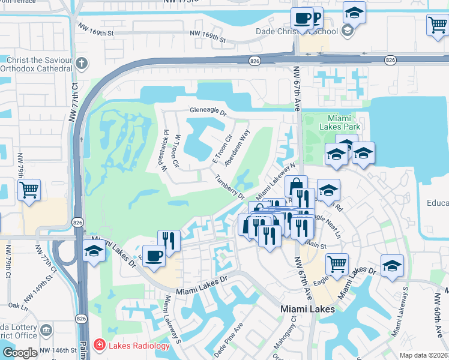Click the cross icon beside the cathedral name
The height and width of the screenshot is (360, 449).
click(80, 62)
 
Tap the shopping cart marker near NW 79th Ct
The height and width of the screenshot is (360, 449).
click(29, 190)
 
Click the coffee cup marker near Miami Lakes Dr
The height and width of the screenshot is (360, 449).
click(154, 256)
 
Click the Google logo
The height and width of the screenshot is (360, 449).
click(19, 352)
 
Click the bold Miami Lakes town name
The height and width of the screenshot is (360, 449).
click(308, 308)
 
